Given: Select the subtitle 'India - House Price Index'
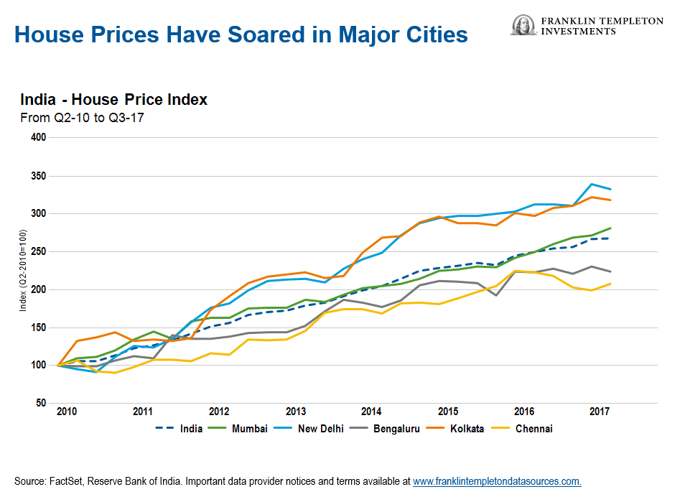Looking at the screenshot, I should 113,100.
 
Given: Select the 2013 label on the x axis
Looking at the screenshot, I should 296,412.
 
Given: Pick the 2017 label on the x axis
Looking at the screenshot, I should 600,412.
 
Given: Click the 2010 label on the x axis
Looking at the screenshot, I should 67,412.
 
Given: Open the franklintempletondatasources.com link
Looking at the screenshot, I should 497,480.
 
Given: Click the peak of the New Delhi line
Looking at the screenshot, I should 592,185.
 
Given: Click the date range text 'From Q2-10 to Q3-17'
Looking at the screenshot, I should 83,118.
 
